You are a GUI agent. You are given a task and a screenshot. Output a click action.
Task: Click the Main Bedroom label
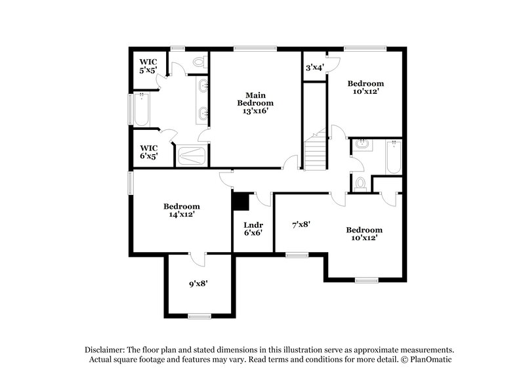pos(255,98)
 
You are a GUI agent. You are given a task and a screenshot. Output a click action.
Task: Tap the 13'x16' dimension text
pos(255,112)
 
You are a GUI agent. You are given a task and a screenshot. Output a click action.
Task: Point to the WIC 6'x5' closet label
pos(148,152)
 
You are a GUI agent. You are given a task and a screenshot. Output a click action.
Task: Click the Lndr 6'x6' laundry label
pos(253,228)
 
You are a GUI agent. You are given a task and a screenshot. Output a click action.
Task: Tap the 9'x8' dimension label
pos(198,284)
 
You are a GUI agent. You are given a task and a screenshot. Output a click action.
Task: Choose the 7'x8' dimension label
pos(301,224)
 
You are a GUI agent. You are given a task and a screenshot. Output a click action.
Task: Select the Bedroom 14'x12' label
pos(182,210)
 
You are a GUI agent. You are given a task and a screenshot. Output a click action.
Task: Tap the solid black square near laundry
pos(240,200)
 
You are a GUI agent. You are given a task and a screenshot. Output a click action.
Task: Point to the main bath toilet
pos(199,63)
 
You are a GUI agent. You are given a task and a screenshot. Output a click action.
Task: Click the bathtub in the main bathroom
pos(142,110)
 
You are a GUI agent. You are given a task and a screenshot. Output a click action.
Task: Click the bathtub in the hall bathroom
pos(393,157)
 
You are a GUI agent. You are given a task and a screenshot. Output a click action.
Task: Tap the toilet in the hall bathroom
pos(359,183)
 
